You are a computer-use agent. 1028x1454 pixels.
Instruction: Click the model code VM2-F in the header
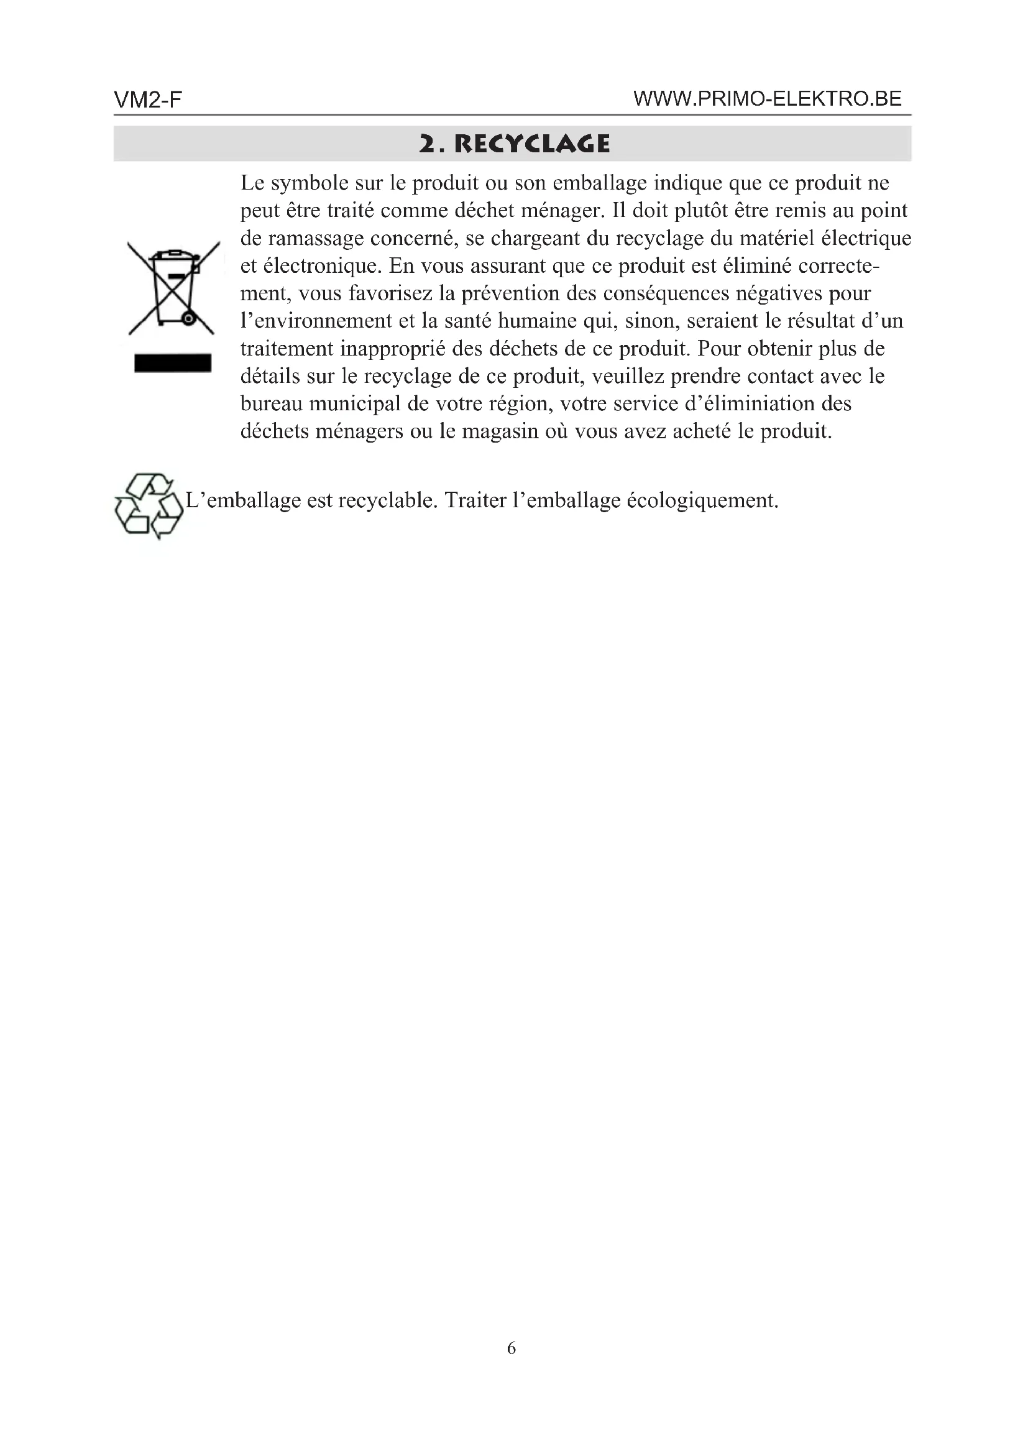147,100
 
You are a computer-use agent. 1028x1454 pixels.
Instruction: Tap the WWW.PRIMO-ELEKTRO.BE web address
767,99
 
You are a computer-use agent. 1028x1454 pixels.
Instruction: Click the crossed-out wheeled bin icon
172,288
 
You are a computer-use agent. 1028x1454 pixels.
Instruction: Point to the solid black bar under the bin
172,363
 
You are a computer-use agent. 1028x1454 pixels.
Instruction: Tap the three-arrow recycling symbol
149,506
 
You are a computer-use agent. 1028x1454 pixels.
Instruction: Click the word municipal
365,404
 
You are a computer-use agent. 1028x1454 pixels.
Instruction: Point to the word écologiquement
701,500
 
